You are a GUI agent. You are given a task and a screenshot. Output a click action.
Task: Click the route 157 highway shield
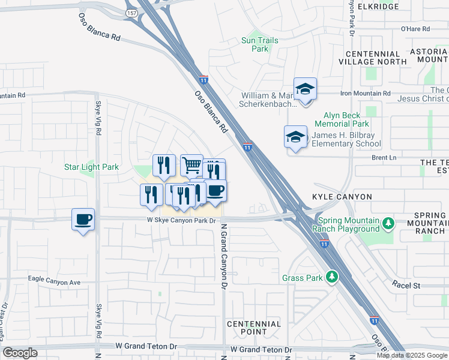130,11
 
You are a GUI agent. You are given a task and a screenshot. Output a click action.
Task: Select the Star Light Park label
91,167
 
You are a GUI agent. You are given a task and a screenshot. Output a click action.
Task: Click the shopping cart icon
191,164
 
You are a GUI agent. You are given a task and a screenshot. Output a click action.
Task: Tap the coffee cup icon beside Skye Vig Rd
83,218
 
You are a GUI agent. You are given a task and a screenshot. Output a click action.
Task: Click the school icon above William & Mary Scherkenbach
305,89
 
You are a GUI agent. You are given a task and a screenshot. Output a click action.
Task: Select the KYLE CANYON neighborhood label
342,197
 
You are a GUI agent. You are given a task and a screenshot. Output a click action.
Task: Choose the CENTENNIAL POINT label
254,328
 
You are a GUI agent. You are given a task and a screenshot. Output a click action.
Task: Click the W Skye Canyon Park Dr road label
181,221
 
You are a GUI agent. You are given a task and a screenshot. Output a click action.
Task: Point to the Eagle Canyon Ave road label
55,281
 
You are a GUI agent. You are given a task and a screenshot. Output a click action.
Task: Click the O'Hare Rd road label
415,29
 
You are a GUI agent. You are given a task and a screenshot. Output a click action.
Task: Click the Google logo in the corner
20,353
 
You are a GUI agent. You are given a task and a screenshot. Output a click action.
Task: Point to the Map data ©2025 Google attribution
412,355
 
